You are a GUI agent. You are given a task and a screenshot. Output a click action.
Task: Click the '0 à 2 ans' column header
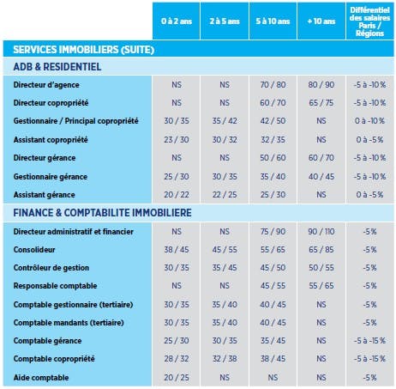(177, 21)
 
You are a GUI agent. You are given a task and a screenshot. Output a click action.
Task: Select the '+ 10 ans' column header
(321, 21)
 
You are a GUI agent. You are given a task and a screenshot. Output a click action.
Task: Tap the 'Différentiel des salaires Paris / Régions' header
(369, 21)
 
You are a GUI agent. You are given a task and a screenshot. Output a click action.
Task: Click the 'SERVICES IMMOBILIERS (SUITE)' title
(84, 50)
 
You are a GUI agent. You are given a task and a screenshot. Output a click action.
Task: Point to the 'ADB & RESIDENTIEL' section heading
(57, 67)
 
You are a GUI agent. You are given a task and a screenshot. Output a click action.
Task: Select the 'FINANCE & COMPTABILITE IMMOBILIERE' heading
(102, 213)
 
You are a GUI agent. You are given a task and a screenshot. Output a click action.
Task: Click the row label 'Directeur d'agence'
(46, 85)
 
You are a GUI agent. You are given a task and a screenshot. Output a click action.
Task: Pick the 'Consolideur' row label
(34, 250)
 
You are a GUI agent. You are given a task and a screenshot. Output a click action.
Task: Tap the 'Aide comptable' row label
(41, 378)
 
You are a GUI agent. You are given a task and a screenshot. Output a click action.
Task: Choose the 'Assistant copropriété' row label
(51, 140)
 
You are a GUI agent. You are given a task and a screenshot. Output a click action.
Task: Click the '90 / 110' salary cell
(321, 231)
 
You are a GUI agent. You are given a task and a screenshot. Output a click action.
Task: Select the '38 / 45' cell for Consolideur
(177, 250)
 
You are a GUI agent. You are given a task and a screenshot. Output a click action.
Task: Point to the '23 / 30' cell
(177, 140)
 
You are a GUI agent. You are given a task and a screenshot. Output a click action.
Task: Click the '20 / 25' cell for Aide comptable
(177, 378)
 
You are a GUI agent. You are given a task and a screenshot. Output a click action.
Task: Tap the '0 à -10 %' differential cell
(369, 121)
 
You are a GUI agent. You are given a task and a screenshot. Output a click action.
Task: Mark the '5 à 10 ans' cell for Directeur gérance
(273, 158)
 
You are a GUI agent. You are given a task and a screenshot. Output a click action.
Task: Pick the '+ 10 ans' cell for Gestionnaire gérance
(321, 177)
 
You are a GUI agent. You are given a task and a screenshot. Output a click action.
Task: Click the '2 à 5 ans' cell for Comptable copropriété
(225, 359)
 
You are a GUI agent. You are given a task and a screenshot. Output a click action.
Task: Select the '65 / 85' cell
(321, 250)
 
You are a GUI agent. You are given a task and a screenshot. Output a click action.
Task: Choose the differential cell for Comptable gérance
(369, 341)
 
